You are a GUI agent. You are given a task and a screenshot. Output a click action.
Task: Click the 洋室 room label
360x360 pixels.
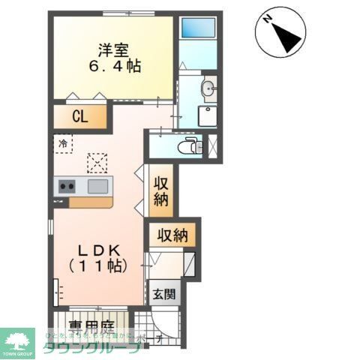click(112, 49)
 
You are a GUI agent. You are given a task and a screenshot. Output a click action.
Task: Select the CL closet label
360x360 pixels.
click(80, 116)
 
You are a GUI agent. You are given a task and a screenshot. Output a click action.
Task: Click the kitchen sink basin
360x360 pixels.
click(98, 186)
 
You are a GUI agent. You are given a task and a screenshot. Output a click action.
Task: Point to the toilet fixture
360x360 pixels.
click(193, 145)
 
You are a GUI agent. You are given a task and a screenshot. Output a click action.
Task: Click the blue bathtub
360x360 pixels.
click(199, 28)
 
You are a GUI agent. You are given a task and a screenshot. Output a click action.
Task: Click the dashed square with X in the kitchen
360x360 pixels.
click(97, 163)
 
